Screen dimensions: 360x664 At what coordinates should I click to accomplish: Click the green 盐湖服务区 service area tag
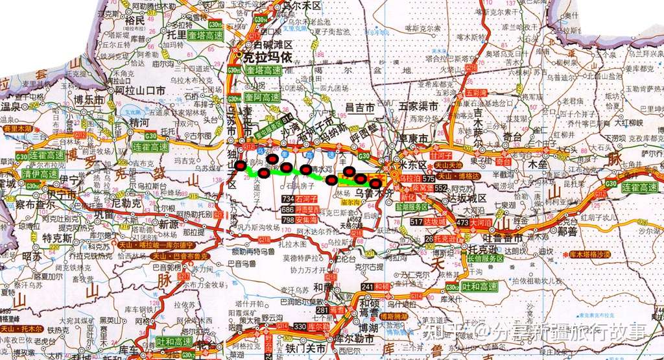(x=411, y=206)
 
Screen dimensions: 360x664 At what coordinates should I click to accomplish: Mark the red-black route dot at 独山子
(x=241, y=166)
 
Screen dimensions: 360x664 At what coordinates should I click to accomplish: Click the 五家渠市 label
(x=418, y=105)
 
